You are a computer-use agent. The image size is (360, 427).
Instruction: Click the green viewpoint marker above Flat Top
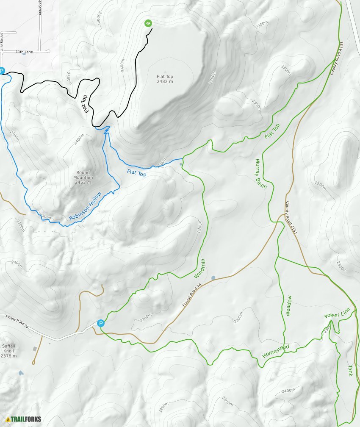[x=148, y=23]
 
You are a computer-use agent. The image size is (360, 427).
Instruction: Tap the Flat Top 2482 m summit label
[x=165, y=79]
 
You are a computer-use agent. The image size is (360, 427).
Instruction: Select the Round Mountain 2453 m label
[x=83, y=177]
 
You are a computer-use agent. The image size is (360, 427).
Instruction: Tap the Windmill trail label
[x=199, y=269]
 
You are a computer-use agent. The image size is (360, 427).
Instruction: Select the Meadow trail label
[x=288, y=305]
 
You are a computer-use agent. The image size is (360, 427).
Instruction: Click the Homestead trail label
[x=275, y=351]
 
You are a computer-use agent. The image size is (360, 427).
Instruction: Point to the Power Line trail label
[x=337, y=313]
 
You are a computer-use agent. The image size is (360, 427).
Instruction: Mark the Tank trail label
[x=350, y=371]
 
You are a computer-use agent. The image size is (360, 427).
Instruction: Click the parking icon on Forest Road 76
[x=100, y=323]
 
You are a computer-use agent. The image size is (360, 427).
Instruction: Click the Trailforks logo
[x=24, y=419]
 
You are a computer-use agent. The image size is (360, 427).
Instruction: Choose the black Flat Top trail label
[x=86, y=103]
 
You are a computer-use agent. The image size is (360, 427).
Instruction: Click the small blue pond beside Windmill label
[x=213, y=278]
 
